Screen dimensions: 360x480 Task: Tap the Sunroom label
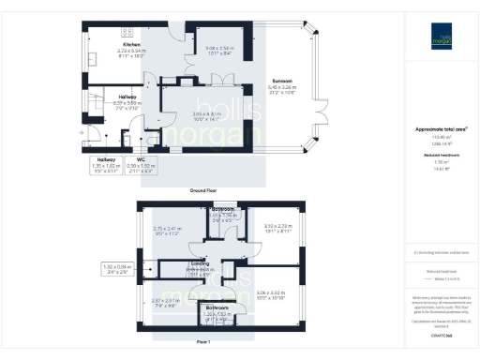[281, 81]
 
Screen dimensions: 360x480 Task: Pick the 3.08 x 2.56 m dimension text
[219, 48]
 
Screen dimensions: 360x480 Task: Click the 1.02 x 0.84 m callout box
[116, 268]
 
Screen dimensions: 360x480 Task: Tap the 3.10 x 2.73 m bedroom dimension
[274, 226]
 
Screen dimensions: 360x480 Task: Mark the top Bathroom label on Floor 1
[222, 208]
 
